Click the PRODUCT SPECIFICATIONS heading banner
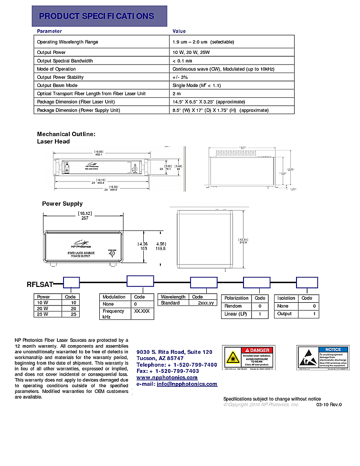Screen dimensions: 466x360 (99, 16)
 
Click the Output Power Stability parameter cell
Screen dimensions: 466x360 (60, 77)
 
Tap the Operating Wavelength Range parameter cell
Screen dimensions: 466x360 (67, 42)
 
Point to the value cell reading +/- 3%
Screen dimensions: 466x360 (180, 77)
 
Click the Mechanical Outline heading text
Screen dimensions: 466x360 (66, 134)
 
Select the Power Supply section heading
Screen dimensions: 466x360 (62, 204)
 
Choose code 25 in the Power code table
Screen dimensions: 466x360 (74, 314)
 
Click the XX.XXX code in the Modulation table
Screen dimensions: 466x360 (141, 311)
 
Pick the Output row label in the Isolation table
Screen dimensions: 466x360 (285, 314)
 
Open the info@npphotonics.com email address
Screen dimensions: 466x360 (187, 384)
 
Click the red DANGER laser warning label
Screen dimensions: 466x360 (249, 358)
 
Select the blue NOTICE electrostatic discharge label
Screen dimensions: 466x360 (323, 358)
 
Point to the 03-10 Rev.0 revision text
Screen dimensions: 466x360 (329, 404)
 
